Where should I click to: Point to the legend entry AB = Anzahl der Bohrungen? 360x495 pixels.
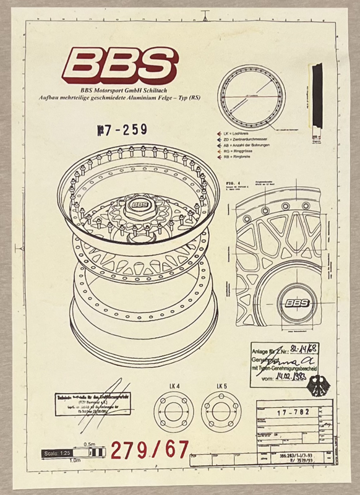coord(250,149)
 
